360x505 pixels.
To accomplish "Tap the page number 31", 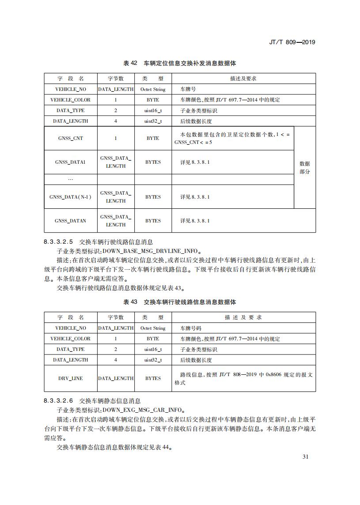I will point(305,456).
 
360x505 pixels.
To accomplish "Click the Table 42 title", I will point(180,64).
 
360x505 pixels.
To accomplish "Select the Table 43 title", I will point(180,302).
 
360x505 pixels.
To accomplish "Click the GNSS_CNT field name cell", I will point(71,138).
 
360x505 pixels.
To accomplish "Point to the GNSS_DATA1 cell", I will point(71,162).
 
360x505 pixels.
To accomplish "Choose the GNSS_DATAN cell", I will point(71,221).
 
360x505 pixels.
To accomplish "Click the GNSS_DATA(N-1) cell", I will point(71,197).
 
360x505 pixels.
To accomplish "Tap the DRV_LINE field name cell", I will point(71,378).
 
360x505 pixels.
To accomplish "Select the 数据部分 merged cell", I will point(305,167).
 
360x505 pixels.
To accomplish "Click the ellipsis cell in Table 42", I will point(71,179).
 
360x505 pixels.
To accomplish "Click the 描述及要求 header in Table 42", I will point(243,79).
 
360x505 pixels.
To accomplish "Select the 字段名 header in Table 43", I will point(71,317).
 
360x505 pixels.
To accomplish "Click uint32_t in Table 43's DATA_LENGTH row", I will point(153,360).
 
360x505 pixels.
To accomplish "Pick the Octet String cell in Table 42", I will point(153,89).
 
